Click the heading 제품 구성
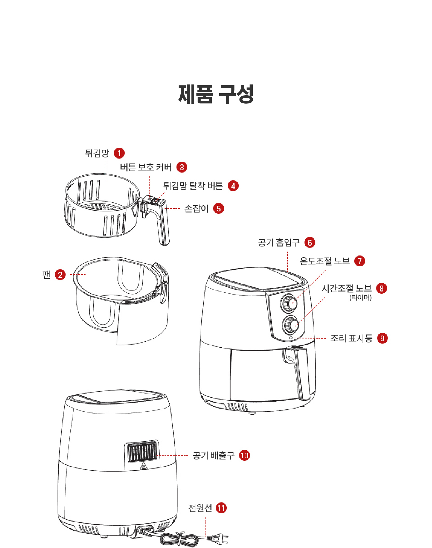point(216,94)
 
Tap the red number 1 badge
point(119,153)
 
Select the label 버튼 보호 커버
point(146,167)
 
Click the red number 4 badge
point(233,186)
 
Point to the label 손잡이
point(196,209)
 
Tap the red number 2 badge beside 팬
point(60,275)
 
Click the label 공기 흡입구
point(279,243)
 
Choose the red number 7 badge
point(360,261)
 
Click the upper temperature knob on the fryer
point(289,303)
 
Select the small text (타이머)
point(360,297)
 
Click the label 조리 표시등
point(351,338)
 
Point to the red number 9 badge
point(383,338)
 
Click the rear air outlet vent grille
point(142,452)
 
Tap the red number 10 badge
point(245,456)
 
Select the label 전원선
point(200,508)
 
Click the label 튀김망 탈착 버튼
point(193,186)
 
